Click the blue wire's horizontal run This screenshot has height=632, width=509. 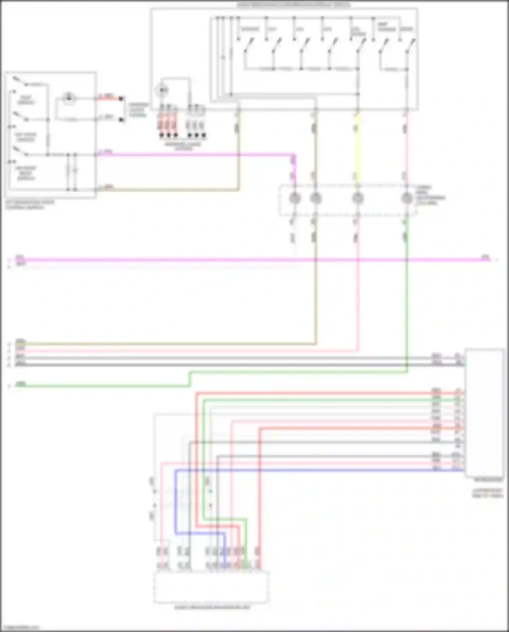tap(305, 470)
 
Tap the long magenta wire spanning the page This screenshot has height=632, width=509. tap(238, 260)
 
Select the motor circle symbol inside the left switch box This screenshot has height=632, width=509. tap(69, 98)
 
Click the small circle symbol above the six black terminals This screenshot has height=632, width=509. tap(162, 90)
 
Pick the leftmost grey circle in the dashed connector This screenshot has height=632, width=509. tap(295, 198)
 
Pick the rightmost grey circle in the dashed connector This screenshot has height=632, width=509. tap(406, 198)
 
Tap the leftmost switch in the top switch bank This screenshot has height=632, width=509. tap(248, 46)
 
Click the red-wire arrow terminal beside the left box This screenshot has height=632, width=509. tap(121, 99)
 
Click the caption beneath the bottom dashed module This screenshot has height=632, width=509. tap(212, 607)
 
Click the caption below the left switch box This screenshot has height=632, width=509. tap(30, 205)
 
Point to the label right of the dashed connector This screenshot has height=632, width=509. tap(430, 195)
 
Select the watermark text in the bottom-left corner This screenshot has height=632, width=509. tap(20, 628)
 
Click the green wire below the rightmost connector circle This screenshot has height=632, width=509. tap(407, 306)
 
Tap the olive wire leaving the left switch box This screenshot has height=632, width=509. tap(170, 189)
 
